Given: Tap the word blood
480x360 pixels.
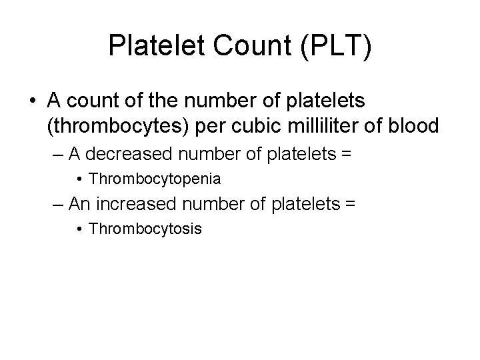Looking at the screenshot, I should [417, 125].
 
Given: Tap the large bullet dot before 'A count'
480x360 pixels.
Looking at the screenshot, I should [33, 101].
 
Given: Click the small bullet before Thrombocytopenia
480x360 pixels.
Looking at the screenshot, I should [79, 179].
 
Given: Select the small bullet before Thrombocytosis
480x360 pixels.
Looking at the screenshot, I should [79, 229].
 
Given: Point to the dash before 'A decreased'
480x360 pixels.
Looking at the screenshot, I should [57, 155].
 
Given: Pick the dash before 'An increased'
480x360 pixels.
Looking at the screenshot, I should [57, 204].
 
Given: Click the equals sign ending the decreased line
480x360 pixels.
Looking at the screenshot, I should [345, 155].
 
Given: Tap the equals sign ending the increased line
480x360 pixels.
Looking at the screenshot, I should [351, 204].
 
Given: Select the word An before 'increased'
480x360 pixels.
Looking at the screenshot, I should [77, 203].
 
